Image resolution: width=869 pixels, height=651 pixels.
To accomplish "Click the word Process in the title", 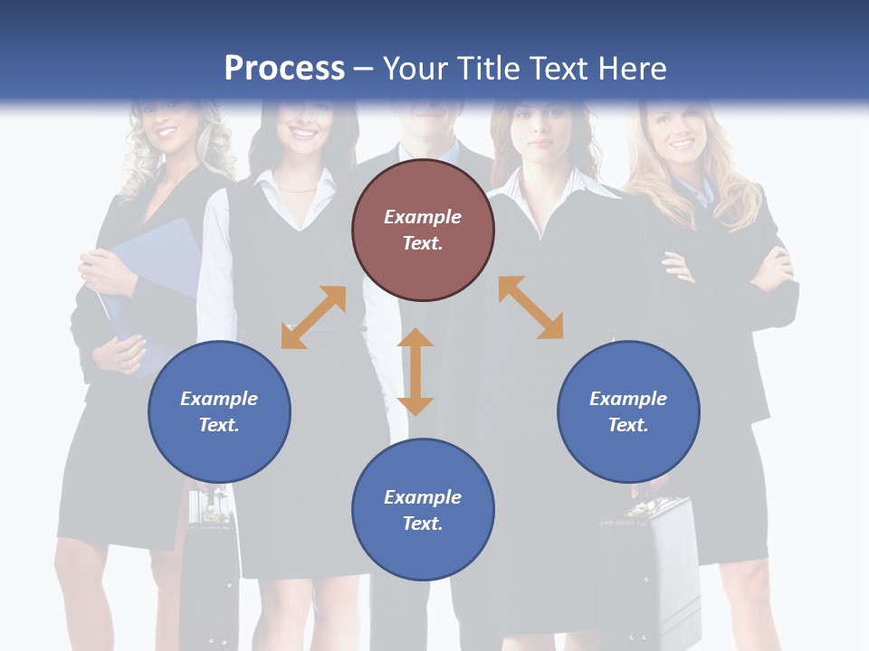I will pyautogui.click(x=284, y=69).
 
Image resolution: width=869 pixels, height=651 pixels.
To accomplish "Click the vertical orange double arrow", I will pyautogui.click(x=415, y=372).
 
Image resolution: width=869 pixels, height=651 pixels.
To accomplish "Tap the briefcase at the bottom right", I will pyautogui.click(x=647, y=570).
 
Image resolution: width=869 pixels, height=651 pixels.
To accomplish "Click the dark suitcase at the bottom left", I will pyautogui.click(x=209, y=570).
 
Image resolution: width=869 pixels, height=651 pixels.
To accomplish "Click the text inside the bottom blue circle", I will pyautogui.click(x=423, y=510).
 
